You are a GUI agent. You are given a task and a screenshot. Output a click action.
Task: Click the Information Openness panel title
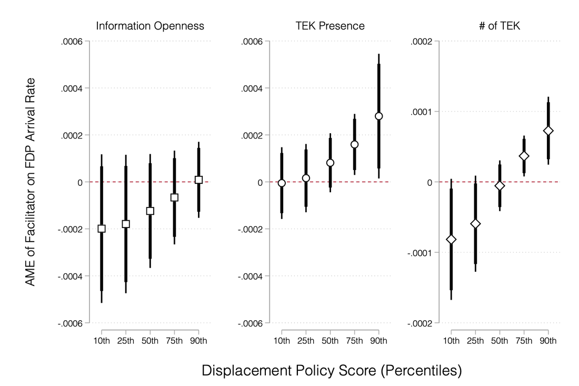[x=150, y=26]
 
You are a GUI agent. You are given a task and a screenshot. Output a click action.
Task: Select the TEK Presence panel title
[x=330, y=26]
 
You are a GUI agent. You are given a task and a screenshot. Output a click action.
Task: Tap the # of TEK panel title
[x=499, y=26]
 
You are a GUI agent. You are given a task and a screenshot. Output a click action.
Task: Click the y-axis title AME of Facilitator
[x=31, y=182]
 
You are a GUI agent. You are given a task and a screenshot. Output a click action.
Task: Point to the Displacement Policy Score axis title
[x=332, y=371]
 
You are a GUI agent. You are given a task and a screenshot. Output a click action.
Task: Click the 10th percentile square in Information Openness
[x=102, y=229]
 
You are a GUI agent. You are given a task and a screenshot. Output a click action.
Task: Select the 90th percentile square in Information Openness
[x=198, y=180]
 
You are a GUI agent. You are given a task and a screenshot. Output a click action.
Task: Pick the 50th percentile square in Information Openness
[x=150, y=211]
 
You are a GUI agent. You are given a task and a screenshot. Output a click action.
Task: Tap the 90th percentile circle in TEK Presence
[x=379, y=116]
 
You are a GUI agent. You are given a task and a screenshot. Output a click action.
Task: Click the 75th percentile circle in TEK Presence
[x=354, y=144]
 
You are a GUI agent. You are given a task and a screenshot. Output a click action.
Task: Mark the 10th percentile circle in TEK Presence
[x=282, y=183]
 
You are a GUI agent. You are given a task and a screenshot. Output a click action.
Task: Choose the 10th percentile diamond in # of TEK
[x=451, y=240]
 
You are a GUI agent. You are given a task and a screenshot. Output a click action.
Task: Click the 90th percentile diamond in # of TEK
[x=548, y=131]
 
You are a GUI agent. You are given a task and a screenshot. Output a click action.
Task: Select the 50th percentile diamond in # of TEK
[x=500, y=186]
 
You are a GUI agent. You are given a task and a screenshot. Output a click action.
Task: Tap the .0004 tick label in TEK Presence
[x=252, y=88]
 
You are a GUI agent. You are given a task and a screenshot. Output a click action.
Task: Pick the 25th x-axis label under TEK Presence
[x=306, y=341]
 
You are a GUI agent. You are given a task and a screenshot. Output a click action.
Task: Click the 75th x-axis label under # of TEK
[x=524, y=341]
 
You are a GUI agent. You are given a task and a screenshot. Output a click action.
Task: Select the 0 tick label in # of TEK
[x=430, y=183]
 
